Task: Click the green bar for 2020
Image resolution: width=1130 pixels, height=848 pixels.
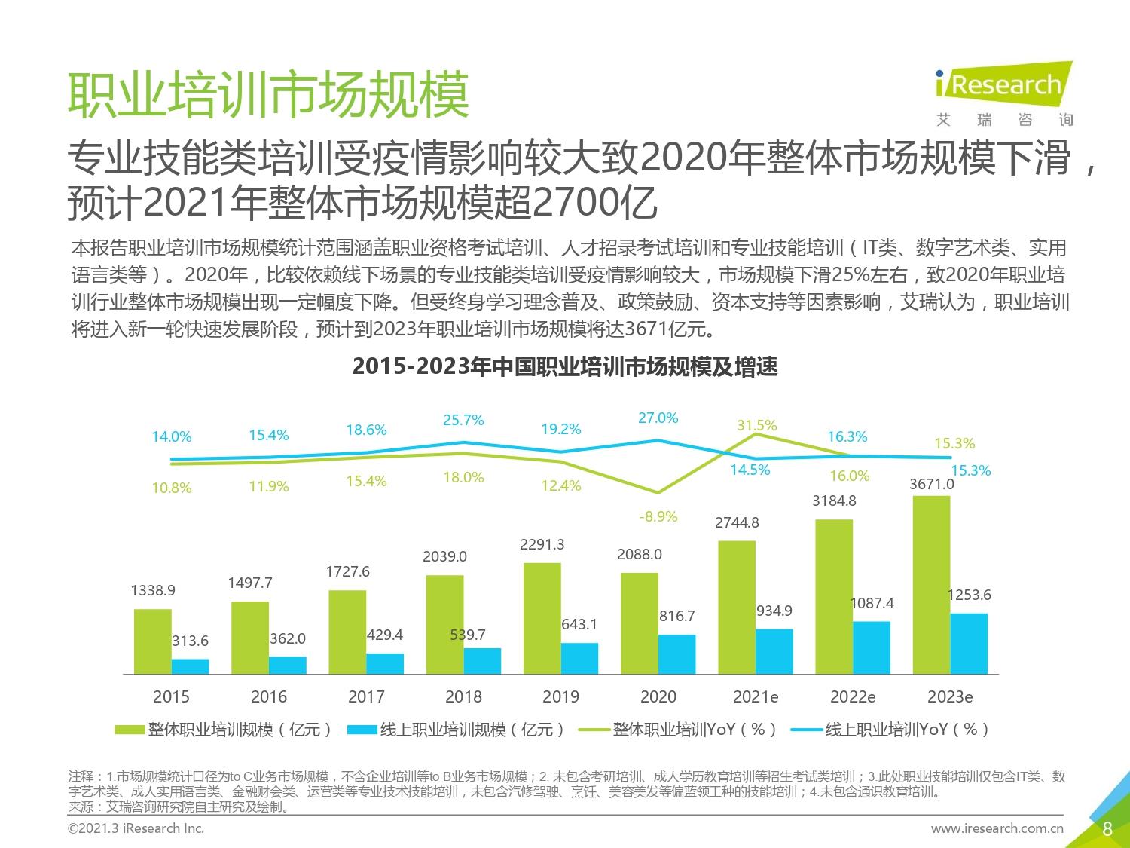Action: [x=640, y=623]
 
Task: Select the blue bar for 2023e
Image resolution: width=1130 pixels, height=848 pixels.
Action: [x=969, y=643]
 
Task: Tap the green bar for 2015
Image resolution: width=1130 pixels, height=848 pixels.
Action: [x=153, y=641]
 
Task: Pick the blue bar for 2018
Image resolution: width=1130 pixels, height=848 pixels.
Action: [x=482, y=660]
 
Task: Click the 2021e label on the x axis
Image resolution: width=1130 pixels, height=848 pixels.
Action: [x=756, y=696]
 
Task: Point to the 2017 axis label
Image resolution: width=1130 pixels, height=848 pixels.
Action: [x=366, y=696]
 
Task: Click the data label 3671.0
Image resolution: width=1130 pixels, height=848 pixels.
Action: [x=932, y=484]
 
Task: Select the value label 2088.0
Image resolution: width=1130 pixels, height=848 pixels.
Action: [x=640, y=554]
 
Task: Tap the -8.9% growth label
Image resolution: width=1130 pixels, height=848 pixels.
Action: [x=658, y=516]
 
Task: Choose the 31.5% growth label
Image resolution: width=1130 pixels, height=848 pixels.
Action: [x=756, y=425]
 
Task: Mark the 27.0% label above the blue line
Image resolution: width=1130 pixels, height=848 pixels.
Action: [x=658, y=418]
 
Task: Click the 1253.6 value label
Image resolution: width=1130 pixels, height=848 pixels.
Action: [x=970, y=595]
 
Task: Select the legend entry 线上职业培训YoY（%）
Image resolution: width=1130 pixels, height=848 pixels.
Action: [x=893, y=730]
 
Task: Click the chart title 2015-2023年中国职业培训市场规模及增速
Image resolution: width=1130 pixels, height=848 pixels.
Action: [x=565, y=367]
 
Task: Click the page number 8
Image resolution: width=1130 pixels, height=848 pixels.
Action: [x=1107, y=829]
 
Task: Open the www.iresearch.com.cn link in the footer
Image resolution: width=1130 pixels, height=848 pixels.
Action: [x=997, y=828]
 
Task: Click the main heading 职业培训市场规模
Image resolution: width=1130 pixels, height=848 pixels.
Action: [x=269, y=95]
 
